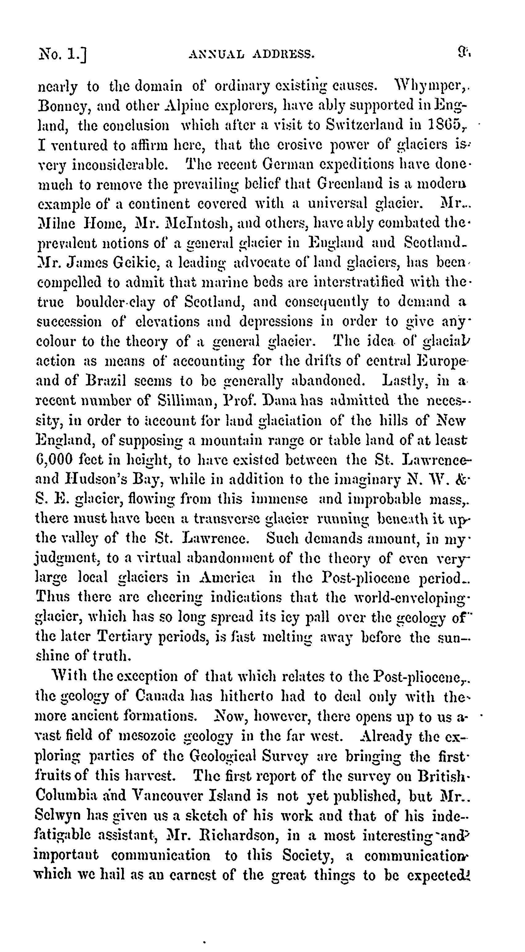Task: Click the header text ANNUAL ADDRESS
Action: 251,55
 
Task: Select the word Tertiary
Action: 124,636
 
